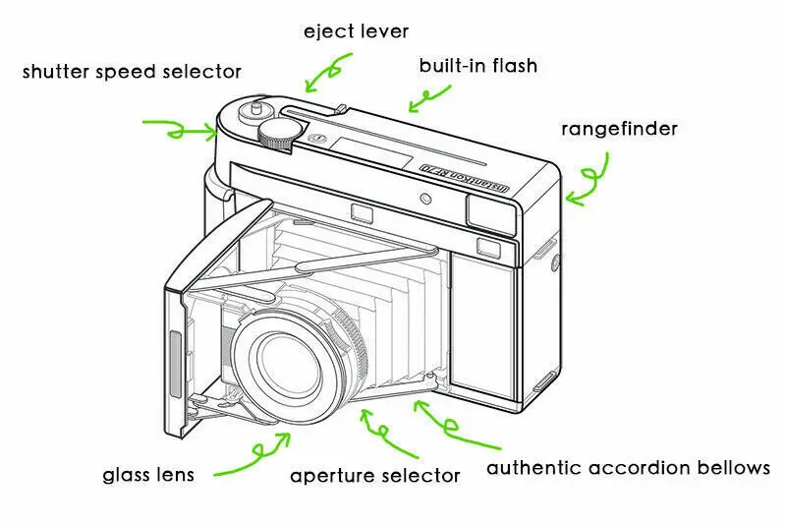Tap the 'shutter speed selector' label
point(132,72)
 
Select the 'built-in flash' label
point(477,67)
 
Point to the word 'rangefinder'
point(619,129)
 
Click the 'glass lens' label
point(148,476)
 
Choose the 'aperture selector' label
point(374,476)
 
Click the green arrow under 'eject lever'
point(327,71)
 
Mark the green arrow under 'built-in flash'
point(424,97)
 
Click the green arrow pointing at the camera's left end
point(181,128)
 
